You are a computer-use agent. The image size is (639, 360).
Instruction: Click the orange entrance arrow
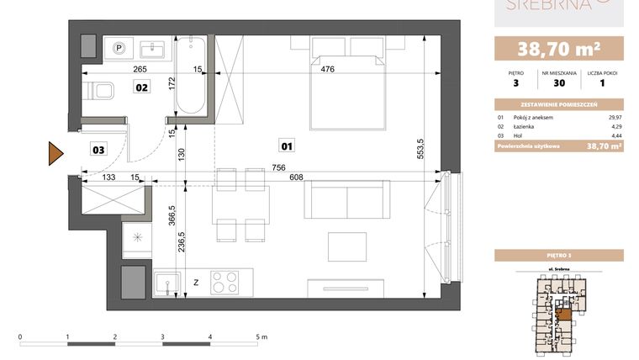coord(55,154)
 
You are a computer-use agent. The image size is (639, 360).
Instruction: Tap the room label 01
coord(288,146)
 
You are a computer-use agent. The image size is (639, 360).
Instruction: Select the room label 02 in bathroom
coord(142,86)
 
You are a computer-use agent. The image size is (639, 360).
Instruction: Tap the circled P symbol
coord(119,48)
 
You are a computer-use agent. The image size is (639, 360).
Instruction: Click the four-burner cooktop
coord(226,281)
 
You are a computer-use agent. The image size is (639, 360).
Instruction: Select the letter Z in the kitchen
coord(195,283)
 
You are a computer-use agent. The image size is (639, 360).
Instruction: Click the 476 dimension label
coord(328,70)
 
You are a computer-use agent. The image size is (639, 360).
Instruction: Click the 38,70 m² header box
coord(558,48)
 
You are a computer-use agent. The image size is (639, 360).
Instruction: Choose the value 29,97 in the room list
coord(614,117)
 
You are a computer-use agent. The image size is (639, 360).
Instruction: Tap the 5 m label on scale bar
coord(261,335)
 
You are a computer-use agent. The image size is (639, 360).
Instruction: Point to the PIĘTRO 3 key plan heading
coord(558,253)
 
